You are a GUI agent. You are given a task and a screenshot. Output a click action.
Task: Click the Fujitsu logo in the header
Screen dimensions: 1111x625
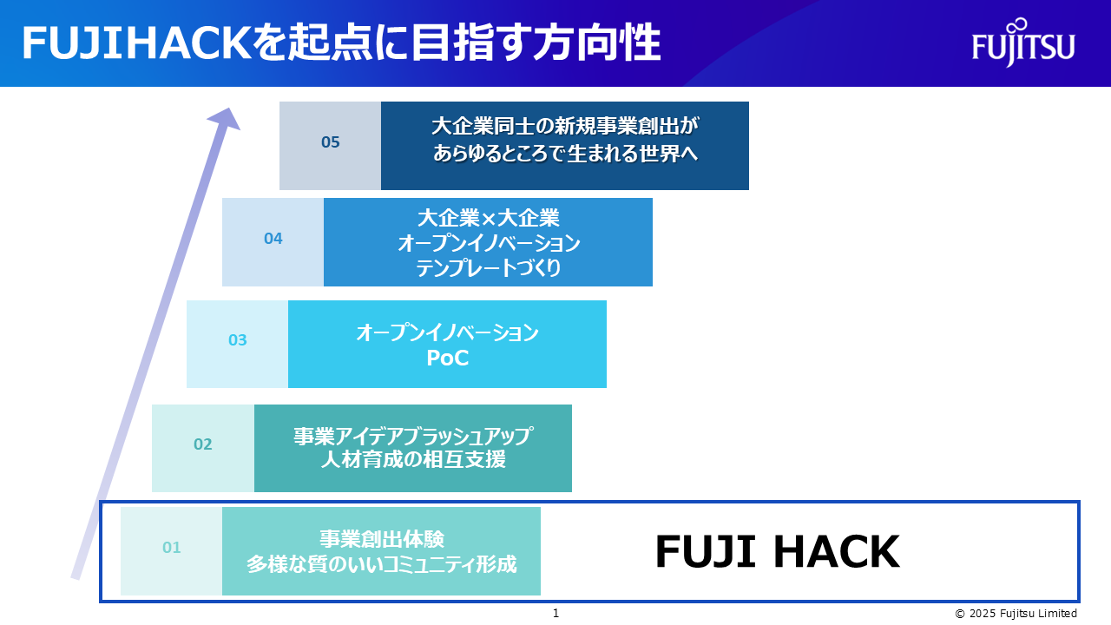coord(1023,43)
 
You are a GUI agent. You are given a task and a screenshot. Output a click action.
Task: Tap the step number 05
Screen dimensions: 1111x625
coord(331,142)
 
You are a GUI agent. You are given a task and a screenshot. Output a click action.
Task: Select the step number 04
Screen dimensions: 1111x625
coord(273,239)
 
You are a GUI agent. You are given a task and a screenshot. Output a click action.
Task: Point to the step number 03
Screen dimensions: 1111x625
coord(237,340)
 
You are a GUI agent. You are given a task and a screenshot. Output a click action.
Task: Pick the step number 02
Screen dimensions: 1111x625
coord(202,444)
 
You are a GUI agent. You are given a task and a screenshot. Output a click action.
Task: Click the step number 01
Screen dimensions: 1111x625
coord(171,548)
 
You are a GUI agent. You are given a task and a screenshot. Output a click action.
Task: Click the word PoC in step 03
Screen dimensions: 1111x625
coord(447,359)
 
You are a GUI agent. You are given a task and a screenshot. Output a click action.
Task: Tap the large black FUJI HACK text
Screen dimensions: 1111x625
coord(777,551)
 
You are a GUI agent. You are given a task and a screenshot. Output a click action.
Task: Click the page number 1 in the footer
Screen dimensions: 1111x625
coord(555,614)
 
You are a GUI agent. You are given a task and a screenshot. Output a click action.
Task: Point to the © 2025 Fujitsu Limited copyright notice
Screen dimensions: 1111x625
coord(1016,614)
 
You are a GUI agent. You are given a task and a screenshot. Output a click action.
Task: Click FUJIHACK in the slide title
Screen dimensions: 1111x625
coord(137,43)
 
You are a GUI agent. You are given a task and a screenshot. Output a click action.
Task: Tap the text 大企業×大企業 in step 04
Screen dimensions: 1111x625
coord(488,218)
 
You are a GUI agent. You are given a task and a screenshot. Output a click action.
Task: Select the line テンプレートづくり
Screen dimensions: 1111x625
coord(488,268)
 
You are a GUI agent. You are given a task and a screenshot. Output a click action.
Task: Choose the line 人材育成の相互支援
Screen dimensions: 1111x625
coord(413,460)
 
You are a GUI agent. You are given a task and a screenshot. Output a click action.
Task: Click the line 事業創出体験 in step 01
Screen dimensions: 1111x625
coord(381,539)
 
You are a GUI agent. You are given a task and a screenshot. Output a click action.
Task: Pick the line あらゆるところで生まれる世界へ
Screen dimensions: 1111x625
coord(565,154)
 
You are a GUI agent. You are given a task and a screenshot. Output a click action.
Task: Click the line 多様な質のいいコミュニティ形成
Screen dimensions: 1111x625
coord(381,564)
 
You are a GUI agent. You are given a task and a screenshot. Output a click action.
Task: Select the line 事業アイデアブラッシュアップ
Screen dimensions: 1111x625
coord(413,436)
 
